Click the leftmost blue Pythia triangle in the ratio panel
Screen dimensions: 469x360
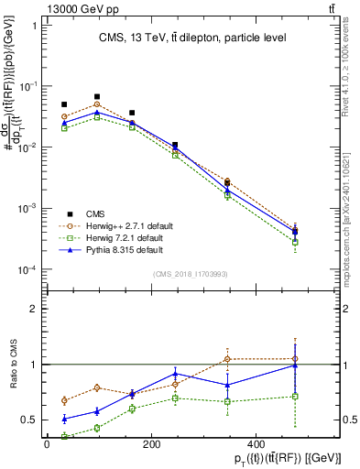(64, 419)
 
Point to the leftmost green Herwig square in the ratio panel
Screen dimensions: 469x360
(64, 437)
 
